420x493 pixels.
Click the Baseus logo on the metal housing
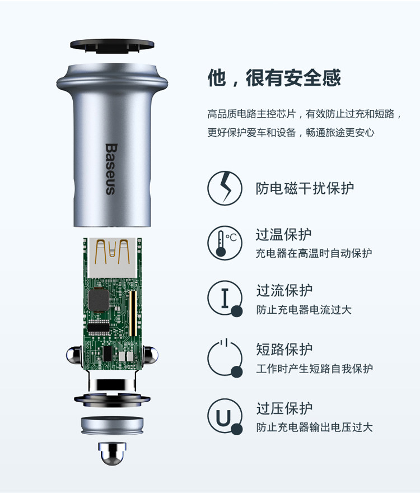click(110, 169)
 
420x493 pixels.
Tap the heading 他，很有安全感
click(274, 78)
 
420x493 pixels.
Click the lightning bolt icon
click(225, 188)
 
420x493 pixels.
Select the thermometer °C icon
click(225, 243)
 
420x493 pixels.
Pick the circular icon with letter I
click(225, 299)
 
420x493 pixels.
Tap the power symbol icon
click(225, 357)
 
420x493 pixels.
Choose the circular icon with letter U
click(225, 417)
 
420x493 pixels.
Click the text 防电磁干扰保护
click(305, 188)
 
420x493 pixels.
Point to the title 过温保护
click(284, 234)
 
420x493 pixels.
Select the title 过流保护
click(284, 291)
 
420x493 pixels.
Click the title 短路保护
click(284, 350)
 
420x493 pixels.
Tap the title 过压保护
click(284, 408)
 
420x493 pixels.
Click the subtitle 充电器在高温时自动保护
click(314, 253)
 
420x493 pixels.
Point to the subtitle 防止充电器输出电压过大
click(314, 427)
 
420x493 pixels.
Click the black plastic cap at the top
click(112, 45)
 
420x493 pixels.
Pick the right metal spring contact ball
click(151, 356)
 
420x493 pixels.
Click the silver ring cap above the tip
click(112, 427)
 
